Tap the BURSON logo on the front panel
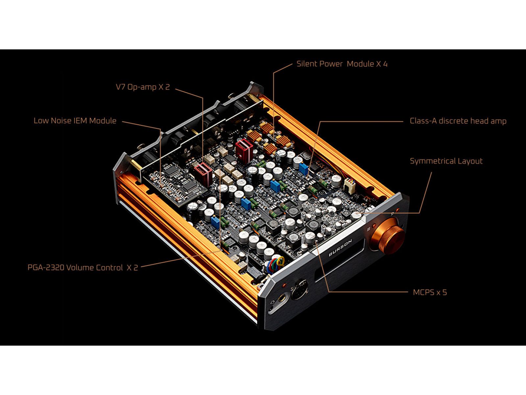(340, 248)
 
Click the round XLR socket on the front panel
(299, 290)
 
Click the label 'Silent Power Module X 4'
(342, 64)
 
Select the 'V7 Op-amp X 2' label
(143, 87)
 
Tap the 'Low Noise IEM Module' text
(75, 120)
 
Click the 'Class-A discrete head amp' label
(458, 121)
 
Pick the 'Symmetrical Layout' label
(446, 161)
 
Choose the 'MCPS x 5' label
(430, 292)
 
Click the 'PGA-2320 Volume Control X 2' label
(83, 267)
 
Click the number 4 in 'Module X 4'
(385, 64)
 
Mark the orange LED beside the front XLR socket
(284, 285)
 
